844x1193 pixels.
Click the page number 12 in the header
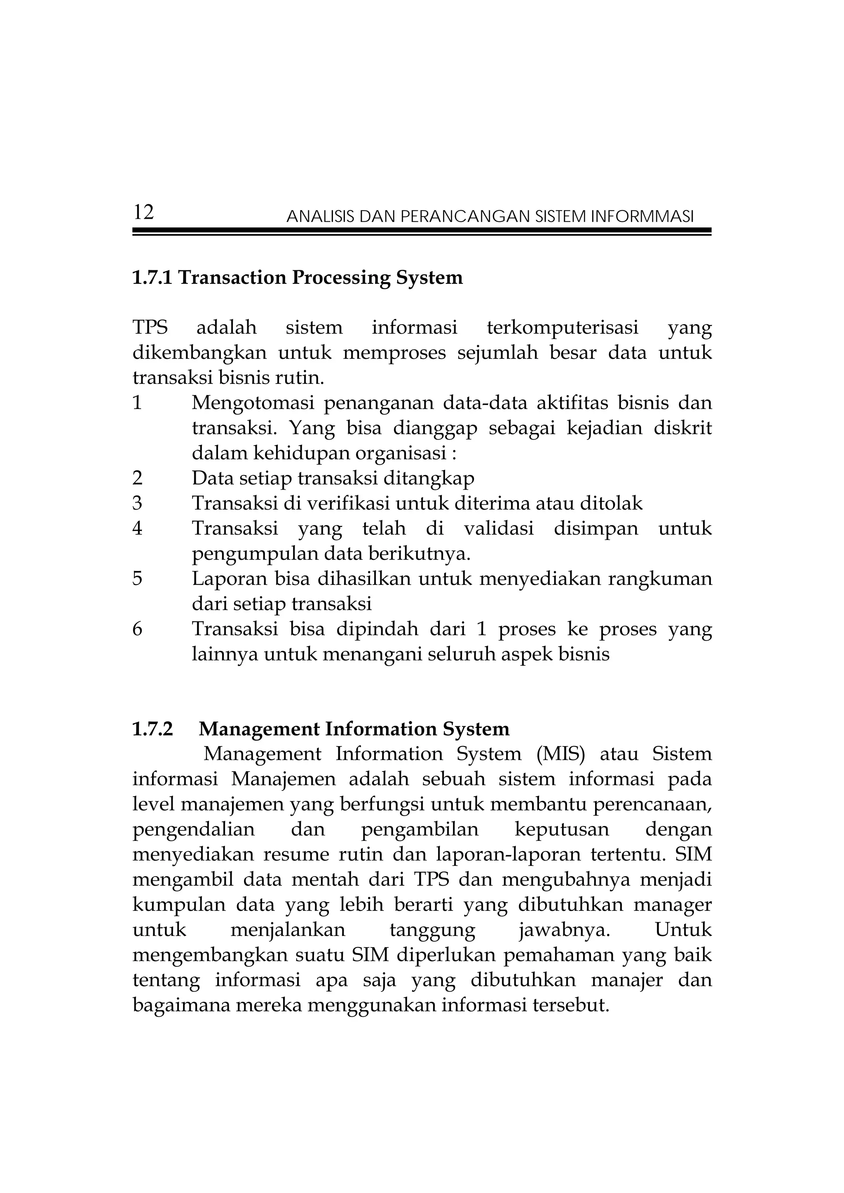point(143,213)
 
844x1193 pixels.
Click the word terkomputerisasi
point(562,328)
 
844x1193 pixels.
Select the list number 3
point(137,503)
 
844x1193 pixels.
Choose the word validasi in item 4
point(498,529)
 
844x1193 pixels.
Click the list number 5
point(137,578)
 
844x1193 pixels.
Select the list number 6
point(137,629)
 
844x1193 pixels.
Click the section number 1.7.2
point(152,730)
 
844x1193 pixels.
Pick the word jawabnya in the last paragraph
point(564,930)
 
